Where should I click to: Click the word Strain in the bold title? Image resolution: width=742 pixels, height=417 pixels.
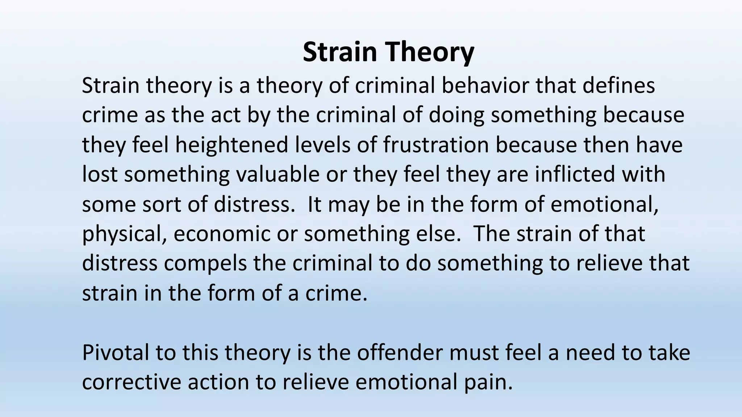pos(339,52)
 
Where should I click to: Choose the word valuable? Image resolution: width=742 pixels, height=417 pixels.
pos(278,174)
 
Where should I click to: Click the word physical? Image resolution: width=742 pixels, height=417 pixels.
pos(125,234)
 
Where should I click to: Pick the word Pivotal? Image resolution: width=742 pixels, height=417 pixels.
pos(116,353)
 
